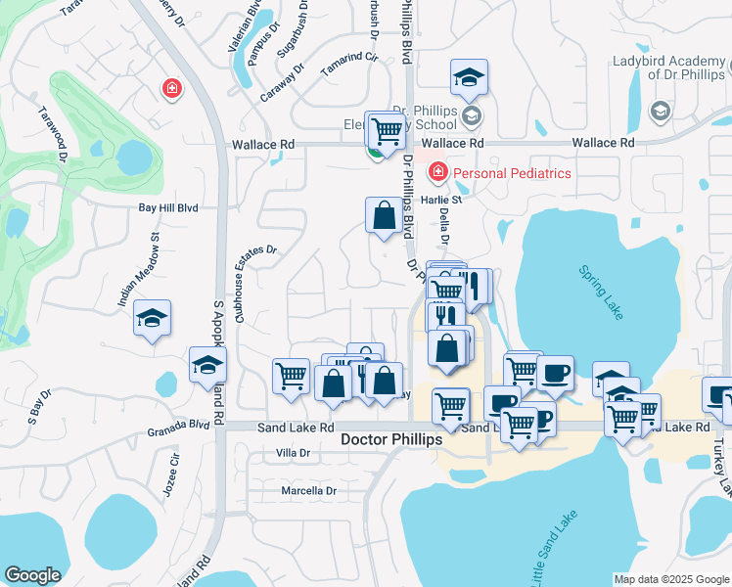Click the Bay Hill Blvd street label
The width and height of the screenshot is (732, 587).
[167, 208]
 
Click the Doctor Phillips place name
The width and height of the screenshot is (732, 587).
[391, 440]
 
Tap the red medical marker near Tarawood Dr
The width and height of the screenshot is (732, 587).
[172, 89]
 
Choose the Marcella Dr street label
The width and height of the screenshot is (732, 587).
[308, 490]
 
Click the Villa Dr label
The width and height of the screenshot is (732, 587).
[293, 453]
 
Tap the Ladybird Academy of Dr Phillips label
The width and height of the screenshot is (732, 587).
[667, 68]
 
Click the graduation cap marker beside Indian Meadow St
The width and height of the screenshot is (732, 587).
[152, 318]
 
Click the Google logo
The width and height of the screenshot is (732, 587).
[32, 575]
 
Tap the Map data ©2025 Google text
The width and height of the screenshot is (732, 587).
[670, 579]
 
